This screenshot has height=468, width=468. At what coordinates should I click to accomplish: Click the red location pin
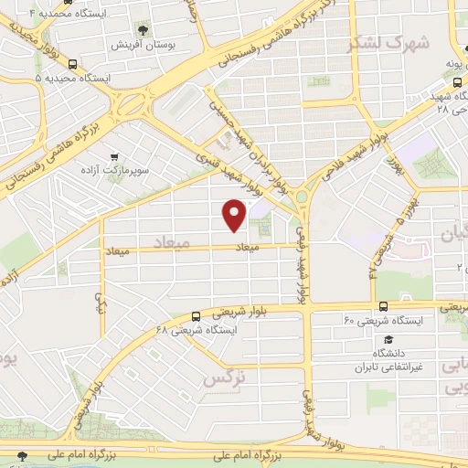click(235, 214)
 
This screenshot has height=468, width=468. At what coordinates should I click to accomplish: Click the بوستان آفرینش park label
click(145, 44)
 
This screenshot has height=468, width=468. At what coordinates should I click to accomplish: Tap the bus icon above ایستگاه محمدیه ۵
click(72, 65)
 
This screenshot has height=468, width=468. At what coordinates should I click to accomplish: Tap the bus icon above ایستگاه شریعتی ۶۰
click(382, 306)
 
